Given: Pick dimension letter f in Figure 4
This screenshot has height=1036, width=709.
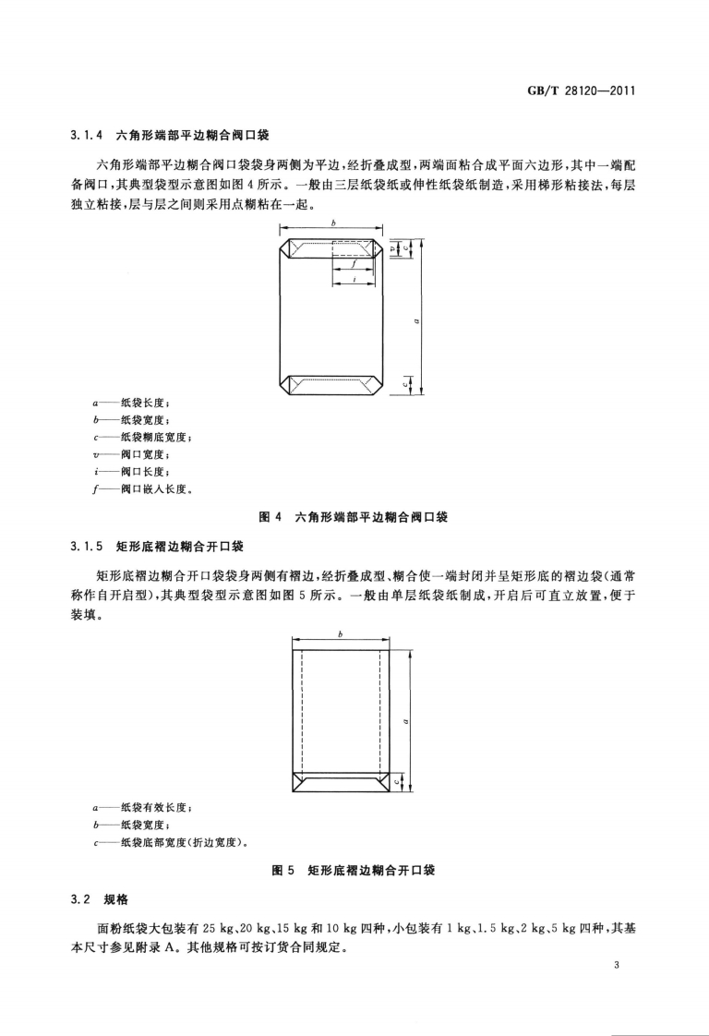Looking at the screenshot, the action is click(354, 263).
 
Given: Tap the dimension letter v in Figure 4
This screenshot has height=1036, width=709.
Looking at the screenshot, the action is click(391, 247).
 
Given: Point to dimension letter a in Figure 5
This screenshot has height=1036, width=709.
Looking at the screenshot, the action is click(408, 721).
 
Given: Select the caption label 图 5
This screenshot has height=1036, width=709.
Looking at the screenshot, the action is click(274, 869).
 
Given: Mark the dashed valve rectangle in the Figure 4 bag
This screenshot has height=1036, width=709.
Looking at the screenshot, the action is click(352, 248).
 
